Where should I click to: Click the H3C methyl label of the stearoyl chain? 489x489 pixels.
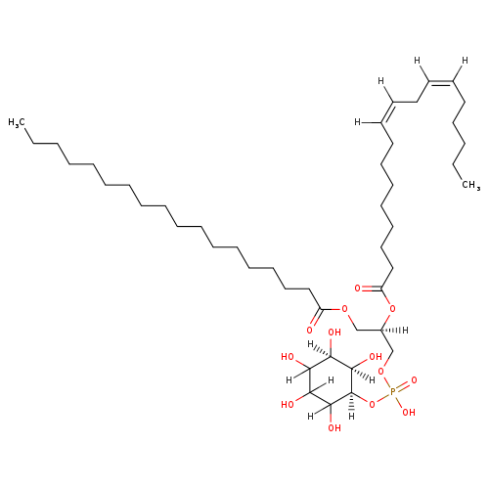point(17,122)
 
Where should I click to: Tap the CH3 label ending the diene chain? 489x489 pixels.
point(471,185)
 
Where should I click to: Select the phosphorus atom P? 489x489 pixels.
point(392,391)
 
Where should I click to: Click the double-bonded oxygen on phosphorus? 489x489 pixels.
point(414,380)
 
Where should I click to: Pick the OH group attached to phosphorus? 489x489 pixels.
point(409,413)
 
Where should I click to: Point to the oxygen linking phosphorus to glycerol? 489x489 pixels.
point(380,371)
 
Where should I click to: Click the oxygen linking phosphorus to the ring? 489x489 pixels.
point(372,405)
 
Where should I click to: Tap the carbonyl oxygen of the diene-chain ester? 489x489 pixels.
point(358,289)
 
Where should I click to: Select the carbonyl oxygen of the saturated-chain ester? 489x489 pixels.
point(310,330)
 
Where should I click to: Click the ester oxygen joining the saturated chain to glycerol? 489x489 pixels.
point(344,309)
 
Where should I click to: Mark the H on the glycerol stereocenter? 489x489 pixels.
point(405,331)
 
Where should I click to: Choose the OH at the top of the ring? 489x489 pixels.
point(334,333)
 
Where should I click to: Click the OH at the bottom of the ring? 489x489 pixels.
point(334,427)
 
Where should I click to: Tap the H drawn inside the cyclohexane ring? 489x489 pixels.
point(331,380)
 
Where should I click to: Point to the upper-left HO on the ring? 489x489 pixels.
point(288,357)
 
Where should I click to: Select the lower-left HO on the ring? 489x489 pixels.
point(288,405)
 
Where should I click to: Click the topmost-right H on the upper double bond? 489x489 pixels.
point(465,61)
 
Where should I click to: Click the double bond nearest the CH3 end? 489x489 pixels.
point(441,82)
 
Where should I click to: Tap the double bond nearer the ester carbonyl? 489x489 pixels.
point(387,112)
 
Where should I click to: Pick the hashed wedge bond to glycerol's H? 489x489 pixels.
point(391,330)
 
